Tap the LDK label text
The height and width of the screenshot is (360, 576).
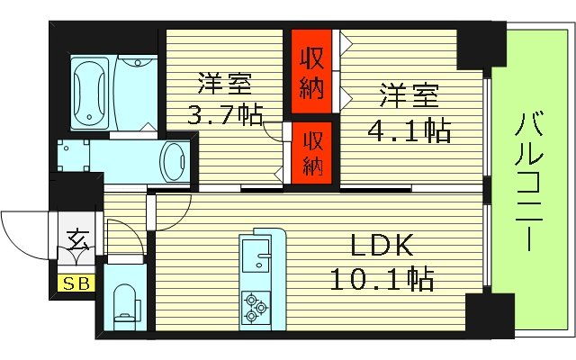381,246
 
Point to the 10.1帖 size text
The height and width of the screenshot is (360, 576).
381,279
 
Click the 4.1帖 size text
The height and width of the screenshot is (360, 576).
409,131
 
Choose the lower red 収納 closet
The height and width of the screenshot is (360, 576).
311,152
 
